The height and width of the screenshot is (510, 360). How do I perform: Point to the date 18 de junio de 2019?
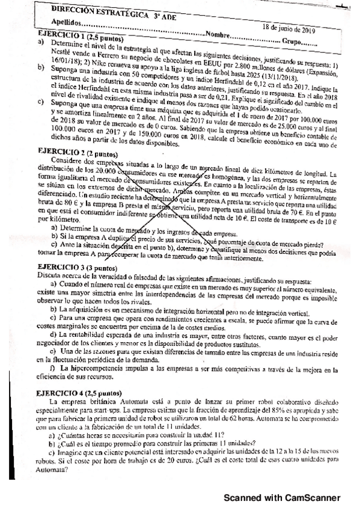(289, 28)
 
